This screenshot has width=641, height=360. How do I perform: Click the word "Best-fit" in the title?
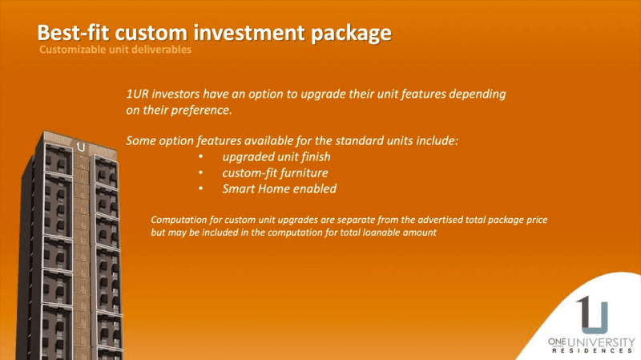click(73, 33)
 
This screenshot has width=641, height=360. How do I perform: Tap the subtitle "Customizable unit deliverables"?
click(115, 50)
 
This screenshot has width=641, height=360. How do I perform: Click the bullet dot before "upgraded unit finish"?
click(201, 156)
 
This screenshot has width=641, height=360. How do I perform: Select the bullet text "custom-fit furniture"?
click(275, 173)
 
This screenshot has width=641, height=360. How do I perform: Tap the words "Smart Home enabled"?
click(279, 188)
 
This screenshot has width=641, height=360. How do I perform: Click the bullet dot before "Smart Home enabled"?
click(201, 188)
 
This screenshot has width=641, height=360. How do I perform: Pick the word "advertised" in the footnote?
click(440, 220)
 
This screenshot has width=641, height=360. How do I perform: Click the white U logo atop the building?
click(81, 147)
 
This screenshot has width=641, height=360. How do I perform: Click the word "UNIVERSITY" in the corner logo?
click(602, 342)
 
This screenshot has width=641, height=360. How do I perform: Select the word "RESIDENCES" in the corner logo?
click(592, 350)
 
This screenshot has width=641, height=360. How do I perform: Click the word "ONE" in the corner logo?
click(557, 342)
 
